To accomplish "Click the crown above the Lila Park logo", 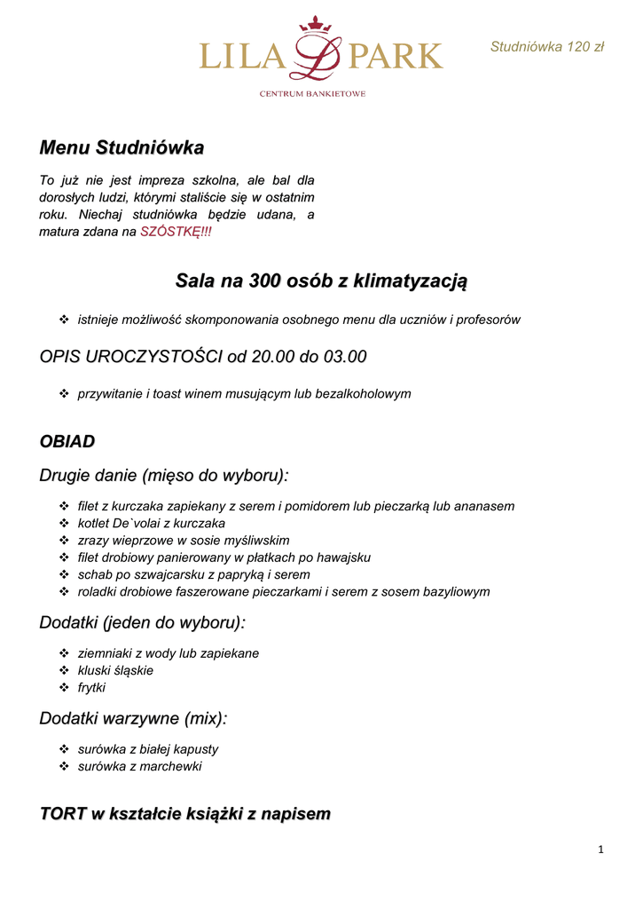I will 315,24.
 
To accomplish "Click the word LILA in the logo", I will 242,56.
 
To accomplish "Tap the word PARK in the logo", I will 396,56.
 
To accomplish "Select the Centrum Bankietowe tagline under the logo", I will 312,93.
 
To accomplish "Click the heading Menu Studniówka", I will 122,147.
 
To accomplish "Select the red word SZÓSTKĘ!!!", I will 176,232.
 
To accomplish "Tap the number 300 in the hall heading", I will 265,281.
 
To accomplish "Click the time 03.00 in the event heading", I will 344,357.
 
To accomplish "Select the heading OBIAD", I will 67,441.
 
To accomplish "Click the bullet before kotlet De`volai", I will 64,524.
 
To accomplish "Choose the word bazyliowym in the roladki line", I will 453,591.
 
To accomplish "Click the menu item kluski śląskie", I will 115,670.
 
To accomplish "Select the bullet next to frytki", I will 64,688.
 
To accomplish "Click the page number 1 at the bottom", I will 600,850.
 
